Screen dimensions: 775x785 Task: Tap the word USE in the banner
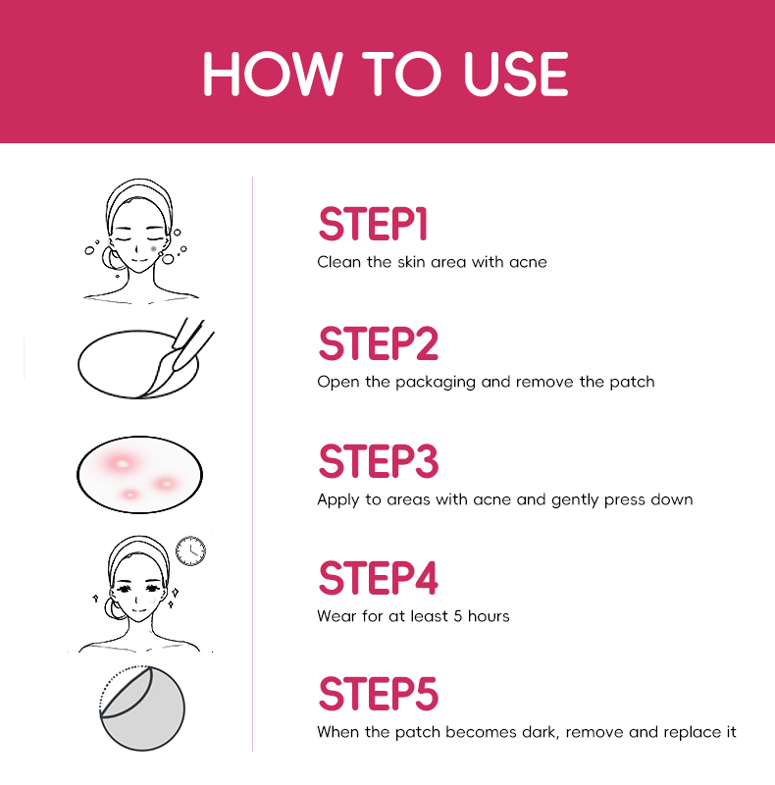click(x=516, y=74)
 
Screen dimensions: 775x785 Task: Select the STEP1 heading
click(x=373, y=224)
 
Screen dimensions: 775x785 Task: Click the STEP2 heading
click(x=378, y=342)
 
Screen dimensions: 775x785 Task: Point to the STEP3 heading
click(x=378, y=460)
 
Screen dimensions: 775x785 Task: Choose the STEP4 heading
click(x=378, y=578)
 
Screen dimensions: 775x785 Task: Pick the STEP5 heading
click(x=378, y=694)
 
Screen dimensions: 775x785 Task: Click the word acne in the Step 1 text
click(x=528, y=263)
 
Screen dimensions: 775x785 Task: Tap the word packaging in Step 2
click(x=435, y=383)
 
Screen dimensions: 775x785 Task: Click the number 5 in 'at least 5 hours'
click(x=457, y=616)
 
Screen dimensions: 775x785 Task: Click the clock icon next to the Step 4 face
click(x=190, y=550)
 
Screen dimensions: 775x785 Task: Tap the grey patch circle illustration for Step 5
click(x=142, y=707)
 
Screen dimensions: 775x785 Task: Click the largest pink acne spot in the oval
click(x=122, y=463)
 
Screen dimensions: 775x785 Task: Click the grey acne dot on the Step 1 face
click(x=154, y=249)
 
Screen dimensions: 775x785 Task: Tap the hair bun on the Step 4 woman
click(x=113, y=608)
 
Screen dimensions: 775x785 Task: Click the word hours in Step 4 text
click(x=489, y=616)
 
